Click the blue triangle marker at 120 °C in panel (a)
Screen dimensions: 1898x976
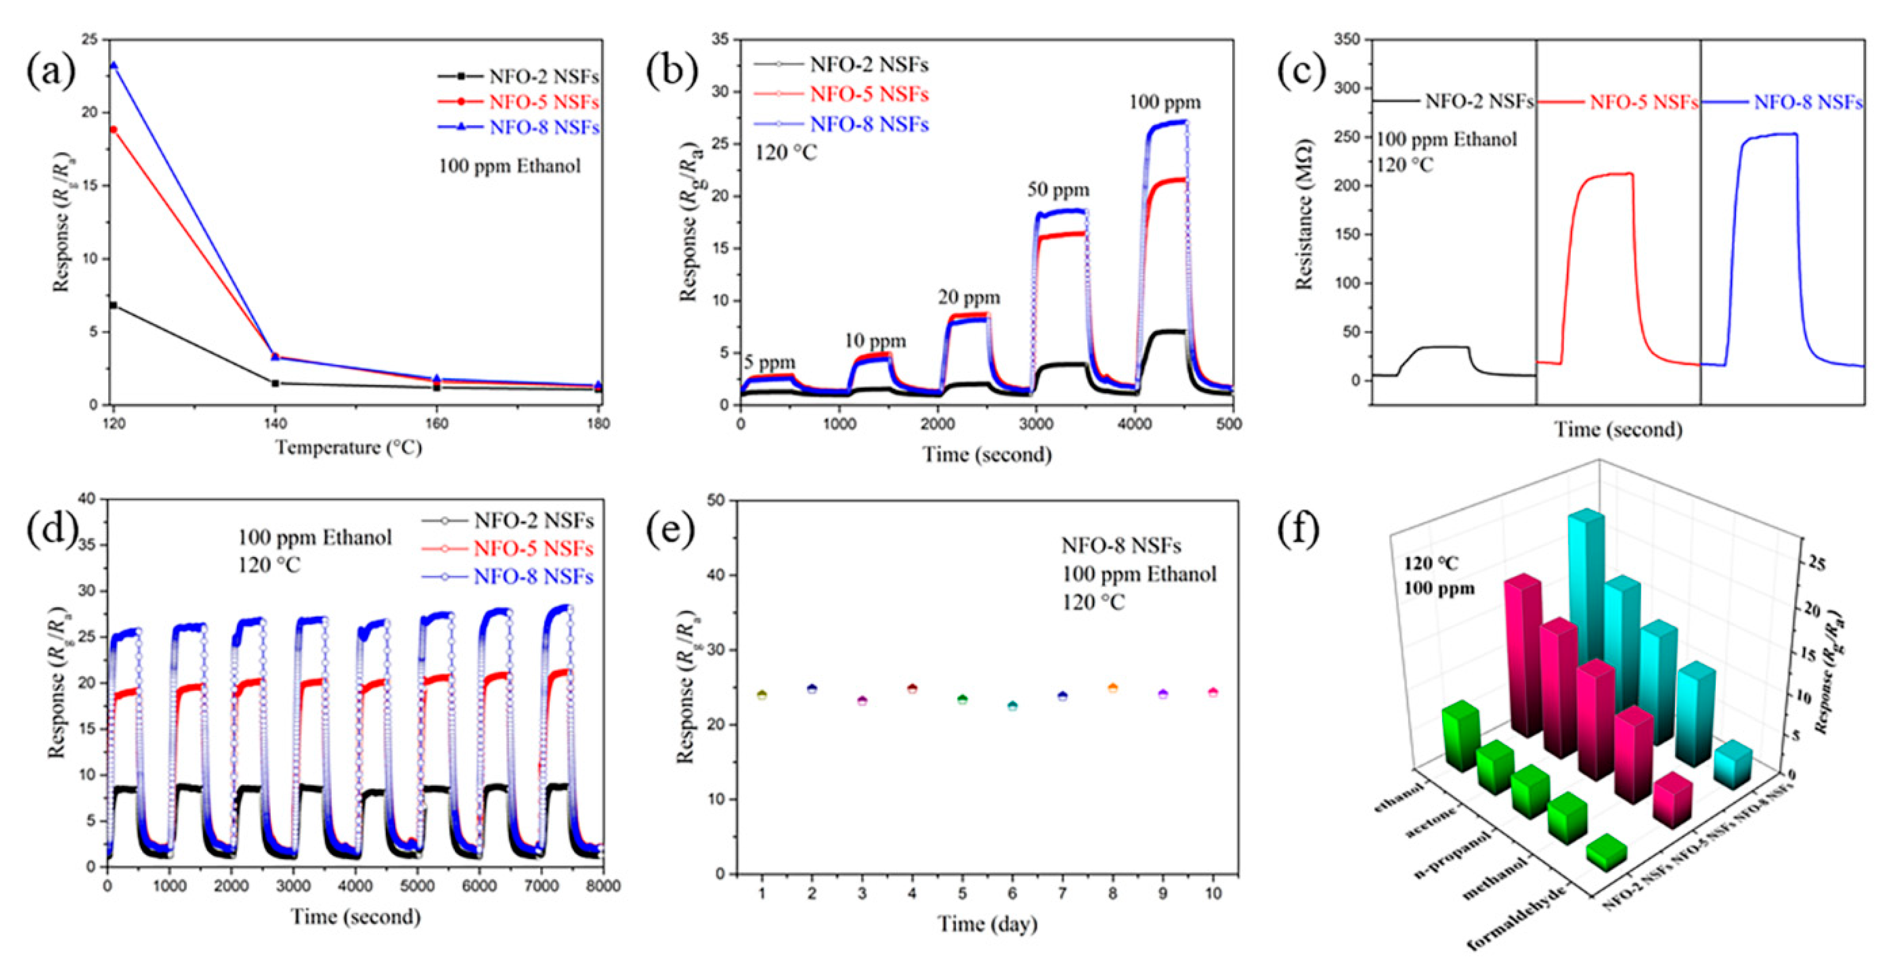tap(113, 66)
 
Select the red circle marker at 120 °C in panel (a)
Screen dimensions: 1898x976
tap(113, 130)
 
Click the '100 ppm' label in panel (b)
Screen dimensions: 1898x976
tap(1165, 102)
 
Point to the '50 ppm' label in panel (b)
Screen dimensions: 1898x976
tap(1058, 190)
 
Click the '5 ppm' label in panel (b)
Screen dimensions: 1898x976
tap(769, 362)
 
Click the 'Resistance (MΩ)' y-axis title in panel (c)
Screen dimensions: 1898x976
tap(1305, 213)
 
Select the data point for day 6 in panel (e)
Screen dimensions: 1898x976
tap(1013, 705)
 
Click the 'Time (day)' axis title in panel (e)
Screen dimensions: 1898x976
tap(987, 924)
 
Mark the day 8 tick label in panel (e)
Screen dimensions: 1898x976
tap(1112, 894)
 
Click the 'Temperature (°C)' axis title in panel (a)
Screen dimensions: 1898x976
tap(349, 447)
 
